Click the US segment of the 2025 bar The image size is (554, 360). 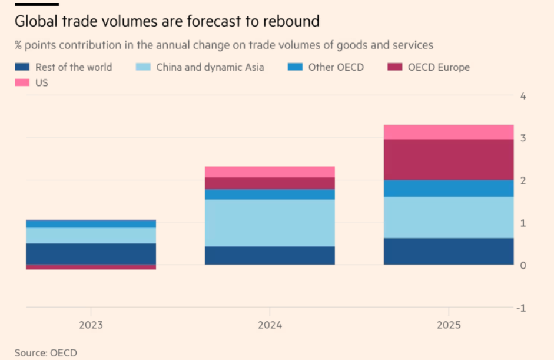pyautogui.click(x=448, y=132)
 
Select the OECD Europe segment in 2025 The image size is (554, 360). pyautogui.click(x=448, y=159)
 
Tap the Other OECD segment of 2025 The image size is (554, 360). pyautogui.click(x=448, y=188)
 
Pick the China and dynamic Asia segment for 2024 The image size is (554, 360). pyautogui.click(x=269, y=223)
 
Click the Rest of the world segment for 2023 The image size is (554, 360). pyautogui.click(x=91, y=253)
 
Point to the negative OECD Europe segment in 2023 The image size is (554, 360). pyautogui.click(x=91, y=267)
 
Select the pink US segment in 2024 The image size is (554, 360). pyautogui.click(x=269, y=171)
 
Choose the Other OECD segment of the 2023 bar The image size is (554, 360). pyautogui.click(x=91, y=224)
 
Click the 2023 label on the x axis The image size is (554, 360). pyautogui.click(x=91, y=325)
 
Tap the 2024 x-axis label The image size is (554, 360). pyautogui.click(x=269, y=325)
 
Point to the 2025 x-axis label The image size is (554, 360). pyautogui.click(x=448, y=325)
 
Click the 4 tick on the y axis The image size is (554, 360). pyautogui.click(x=522, y=95)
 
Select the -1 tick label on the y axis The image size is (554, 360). pyautogui.click(x=520, y=308)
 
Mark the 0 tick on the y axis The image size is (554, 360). pyautogui.click(x=522, y=266)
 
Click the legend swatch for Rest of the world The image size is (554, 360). pyautogui.click(x=22, y=67)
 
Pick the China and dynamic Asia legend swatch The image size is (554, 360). pyautogui.click(x=142, y=67)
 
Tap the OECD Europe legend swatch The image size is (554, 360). pyautogui.click(x=394, y=67)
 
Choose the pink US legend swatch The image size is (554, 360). pyautogui.click(x=22, y=83)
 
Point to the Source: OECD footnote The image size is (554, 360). pyautogui.click(x=46, y=352)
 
